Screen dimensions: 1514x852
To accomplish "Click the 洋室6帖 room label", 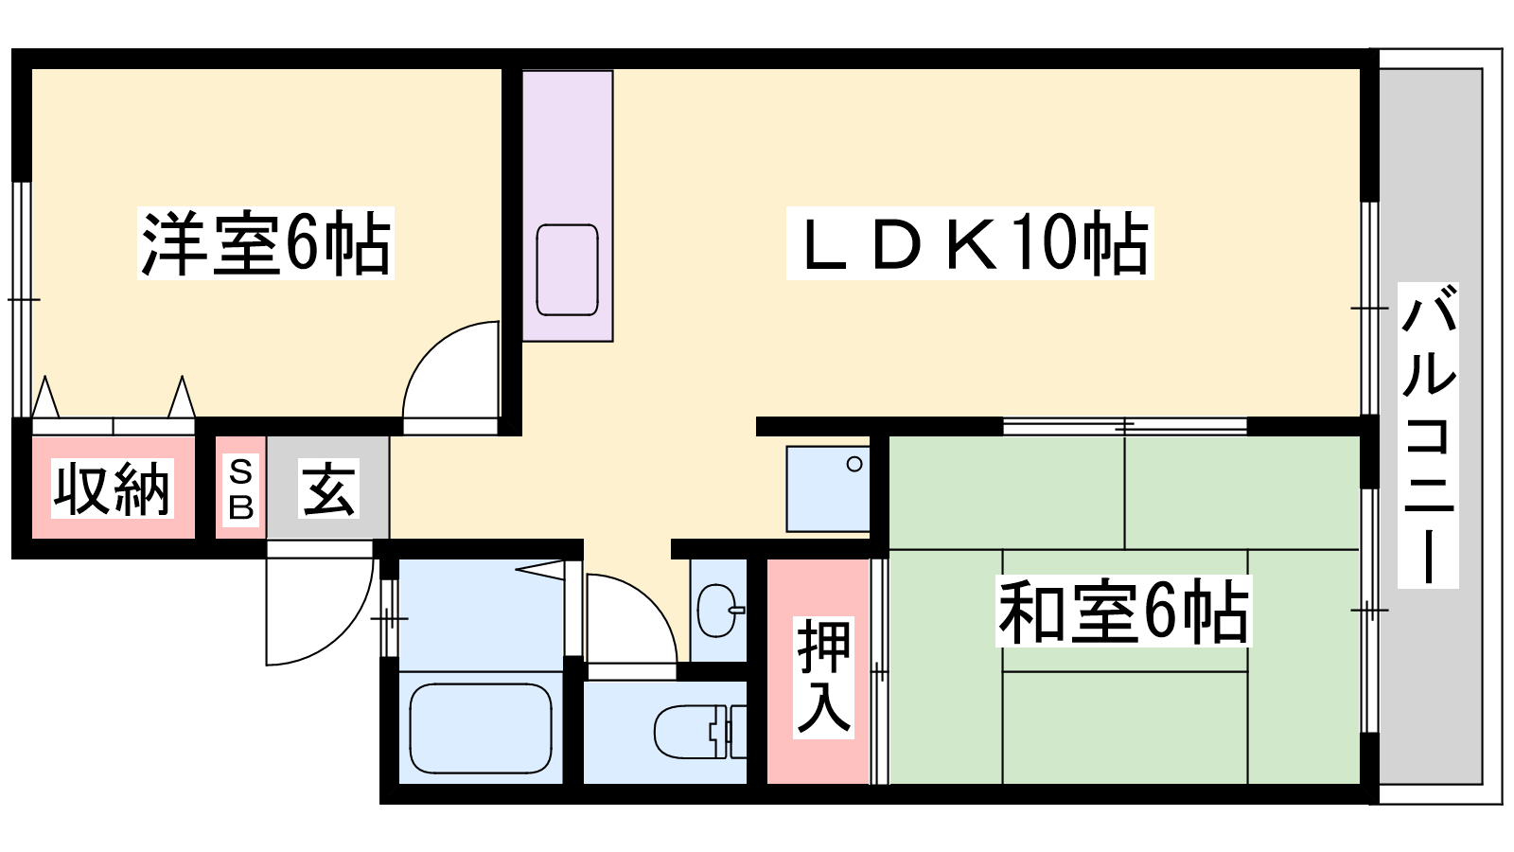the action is click(x=266, y=243).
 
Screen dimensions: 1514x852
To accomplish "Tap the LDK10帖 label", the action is click(x=969, y=243).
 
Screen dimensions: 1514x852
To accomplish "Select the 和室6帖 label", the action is click(x=1123, y=611).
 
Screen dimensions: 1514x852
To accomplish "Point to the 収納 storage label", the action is click(x=113, y=488).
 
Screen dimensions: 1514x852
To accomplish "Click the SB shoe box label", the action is click(x=241, y=488).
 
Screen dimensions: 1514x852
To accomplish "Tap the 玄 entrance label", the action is click(x=328, y=488).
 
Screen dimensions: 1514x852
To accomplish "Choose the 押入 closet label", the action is click(x=823, y=677).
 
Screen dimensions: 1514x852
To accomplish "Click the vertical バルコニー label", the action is click(x=1428, y=435).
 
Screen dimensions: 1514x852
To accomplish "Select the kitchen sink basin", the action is click(x=567, y=270).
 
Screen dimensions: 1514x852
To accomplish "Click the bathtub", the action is click(x=481, y=728).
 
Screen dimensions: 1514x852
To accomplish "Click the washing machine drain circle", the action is click(x=854, y=465).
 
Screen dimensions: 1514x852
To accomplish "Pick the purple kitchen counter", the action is click(x=568, y=206).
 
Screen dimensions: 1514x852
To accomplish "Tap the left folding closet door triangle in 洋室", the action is click(x=45, y=397).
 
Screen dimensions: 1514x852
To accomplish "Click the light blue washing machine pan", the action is click(x=828, y=488).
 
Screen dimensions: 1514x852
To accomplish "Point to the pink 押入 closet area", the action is click(x=818, y=671).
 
